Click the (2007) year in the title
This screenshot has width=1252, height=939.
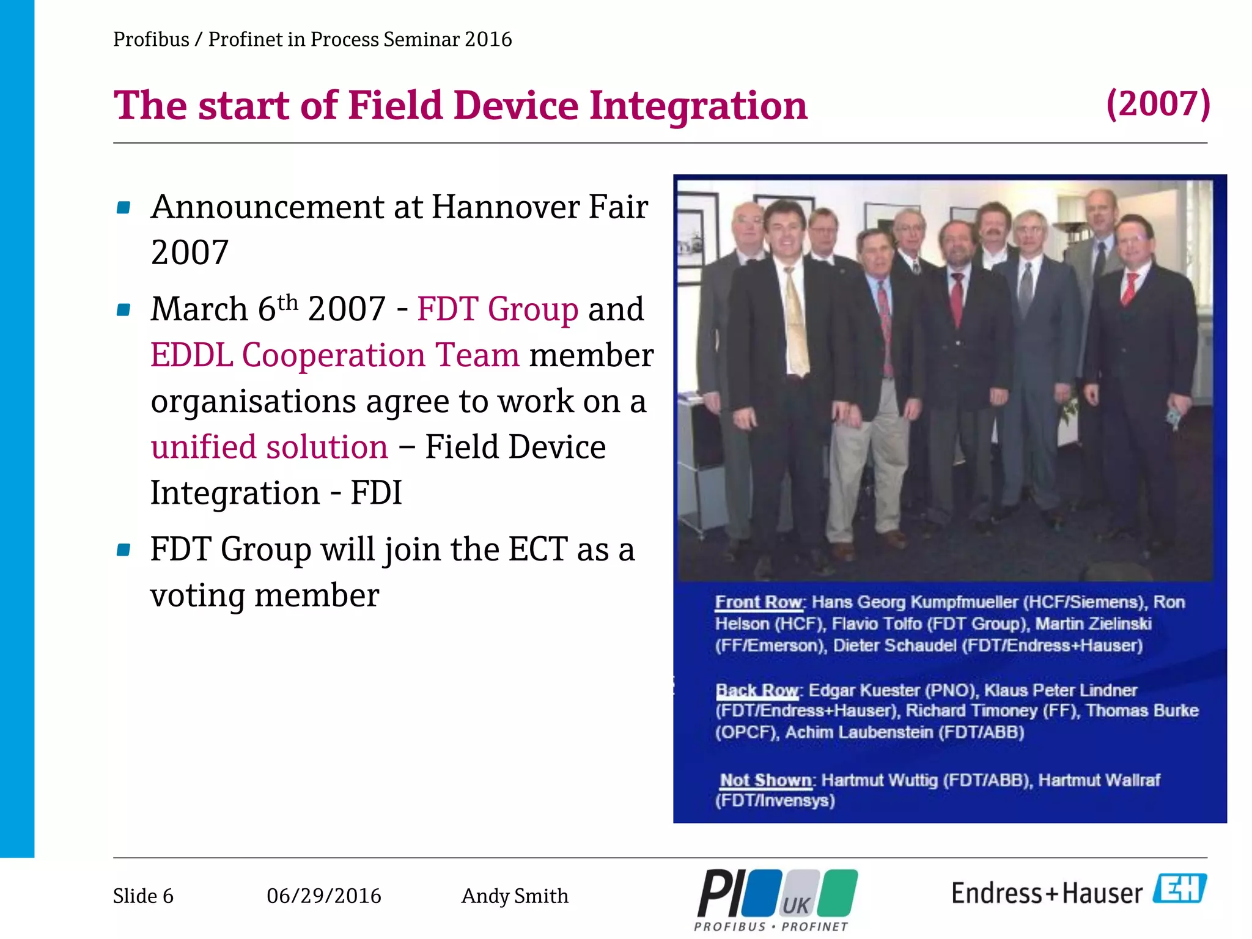click(1158, 104)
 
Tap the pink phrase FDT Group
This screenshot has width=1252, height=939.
click(497, 309)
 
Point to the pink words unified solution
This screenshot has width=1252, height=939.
click(269, 447)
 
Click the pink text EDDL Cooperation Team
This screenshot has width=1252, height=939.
click(334, 355)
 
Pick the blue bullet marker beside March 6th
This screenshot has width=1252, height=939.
click(123, 310)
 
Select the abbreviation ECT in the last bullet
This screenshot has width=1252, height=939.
click(537, 549)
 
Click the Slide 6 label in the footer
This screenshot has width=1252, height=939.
click(143, 896)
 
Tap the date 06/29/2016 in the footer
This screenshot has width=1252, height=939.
click(323, 896)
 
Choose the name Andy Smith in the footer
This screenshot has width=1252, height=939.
click(514, 896)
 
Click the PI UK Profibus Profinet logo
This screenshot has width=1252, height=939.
click(776, 899)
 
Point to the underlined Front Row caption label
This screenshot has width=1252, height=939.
click(759, 602)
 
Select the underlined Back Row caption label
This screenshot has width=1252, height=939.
click(757, 691)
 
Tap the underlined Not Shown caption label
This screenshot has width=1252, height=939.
click(765, 781)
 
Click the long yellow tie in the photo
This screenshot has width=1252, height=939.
click(796, 324)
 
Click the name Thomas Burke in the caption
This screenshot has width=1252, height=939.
click(1141, 711)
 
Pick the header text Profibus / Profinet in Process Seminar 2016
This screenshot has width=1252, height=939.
click(312, 40)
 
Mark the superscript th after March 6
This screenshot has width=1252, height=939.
click(287, 302)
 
